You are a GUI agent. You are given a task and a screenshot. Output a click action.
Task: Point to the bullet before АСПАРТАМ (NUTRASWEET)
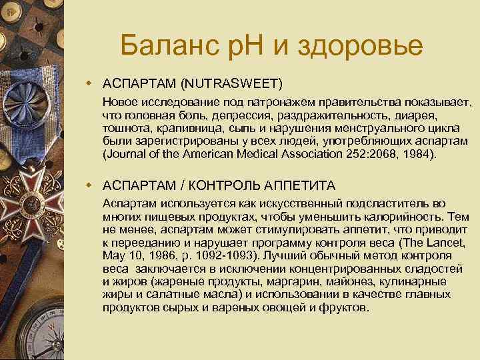(87, 83)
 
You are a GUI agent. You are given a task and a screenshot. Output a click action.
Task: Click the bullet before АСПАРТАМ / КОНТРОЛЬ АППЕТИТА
(87, 183)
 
